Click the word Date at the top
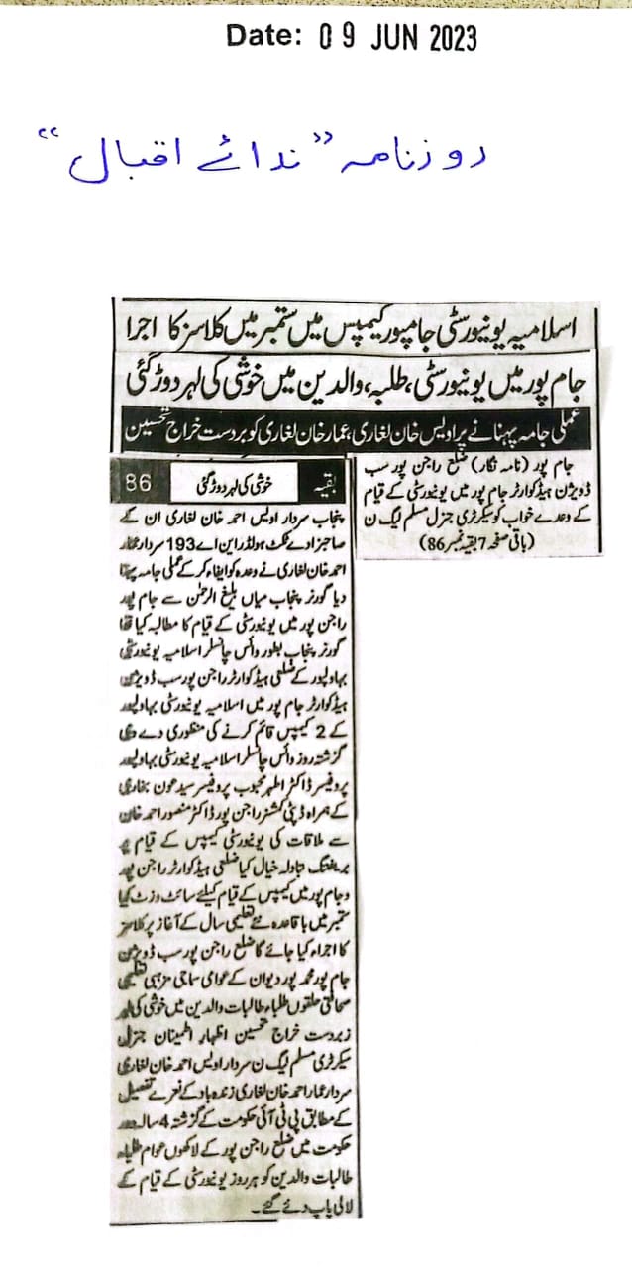263,37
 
